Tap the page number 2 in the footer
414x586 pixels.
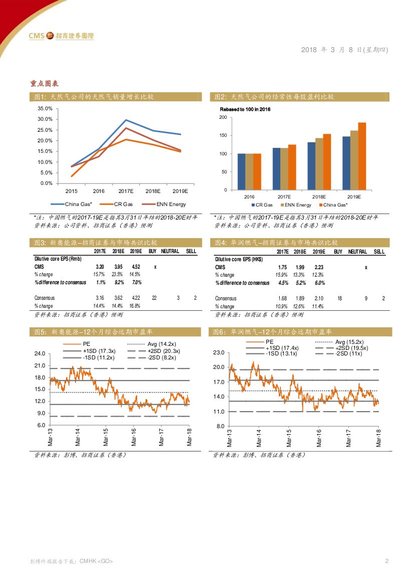386,560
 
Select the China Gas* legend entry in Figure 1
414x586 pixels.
75,204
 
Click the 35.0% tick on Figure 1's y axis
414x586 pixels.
45,108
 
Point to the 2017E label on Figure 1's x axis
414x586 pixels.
126,191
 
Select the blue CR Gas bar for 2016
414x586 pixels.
241,171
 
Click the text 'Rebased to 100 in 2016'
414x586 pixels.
245,109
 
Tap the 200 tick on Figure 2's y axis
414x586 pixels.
223,117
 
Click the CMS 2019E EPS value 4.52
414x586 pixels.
135,267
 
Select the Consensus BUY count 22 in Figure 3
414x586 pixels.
154,298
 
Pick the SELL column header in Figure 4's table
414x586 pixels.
379,252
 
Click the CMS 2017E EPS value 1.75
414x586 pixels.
282,268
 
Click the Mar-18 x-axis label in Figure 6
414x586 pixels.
379,438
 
